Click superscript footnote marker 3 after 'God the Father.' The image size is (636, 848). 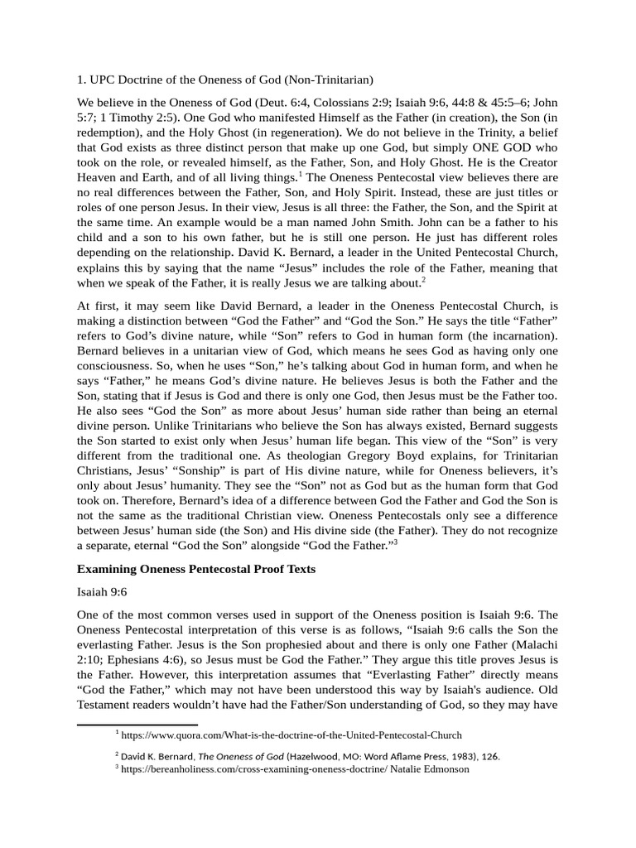[396, 542]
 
